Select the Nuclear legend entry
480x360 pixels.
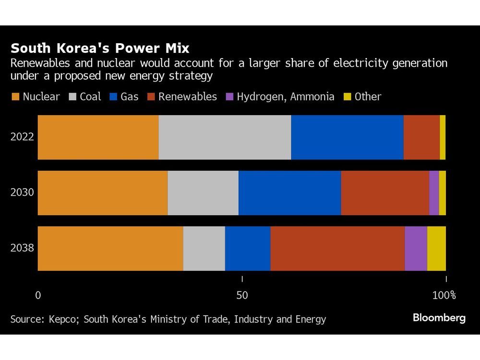click(x=36, y=96)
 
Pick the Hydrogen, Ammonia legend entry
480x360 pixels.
click(x=280, y=96)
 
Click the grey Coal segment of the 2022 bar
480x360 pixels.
click(x=225, y=137)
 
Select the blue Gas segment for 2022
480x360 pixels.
click(x=347, y=137)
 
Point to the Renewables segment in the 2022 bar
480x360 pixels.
click(x=421, y=137)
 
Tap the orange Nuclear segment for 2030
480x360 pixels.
click(x=103, y=193)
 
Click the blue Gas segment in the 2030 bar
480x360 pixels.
click(x=289, y=193)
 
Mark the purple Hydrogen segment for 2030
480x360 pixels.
click(x=434, y=193)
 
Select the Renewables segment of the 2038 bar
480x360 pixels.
click(x=337, y=249)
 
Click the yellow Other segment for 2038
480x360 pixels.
click(x=436, y=249)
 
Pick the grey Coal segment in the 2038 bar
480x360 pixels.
click(x=204, y=249)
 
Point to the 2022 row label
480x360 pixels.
click(x=22, y=137)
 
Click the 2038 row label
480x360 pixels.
click(x=22, y=249)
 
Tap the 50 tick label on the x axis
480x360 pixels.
click(x=242, y=295)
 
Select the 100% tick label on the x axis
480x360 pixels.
click(x=444, y=295)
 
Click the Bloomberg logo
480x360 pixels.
click(x=439, y=318)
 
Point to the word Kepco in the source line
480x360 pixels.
click(x=62, y=319)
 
